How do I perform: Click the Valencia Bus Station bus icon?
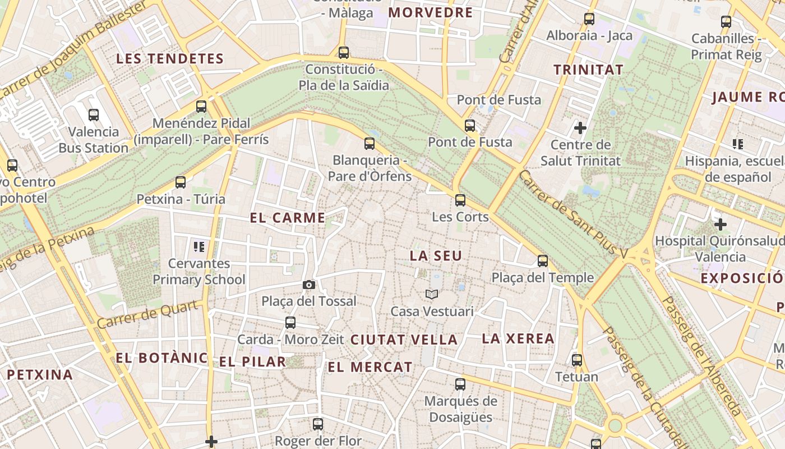point(94,115)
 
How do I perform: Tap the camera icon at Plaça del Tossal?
point(308,285)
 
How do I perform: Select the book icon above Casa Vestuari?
point(431,294)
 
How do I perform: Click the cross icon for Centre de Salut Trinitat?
point(580,128)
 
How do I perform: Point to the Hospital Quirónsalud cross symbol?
point(721,224)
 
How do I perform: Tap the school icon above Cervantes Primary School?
point(198,246)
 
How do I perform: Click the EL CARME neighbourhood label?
point(288,218)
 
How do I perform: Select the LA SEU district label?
point(436,256)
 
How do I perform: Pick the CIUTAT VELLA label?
point(404,340)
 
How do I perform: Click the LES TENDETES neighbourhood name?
point(170,59)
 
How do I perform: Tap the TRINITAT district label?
point(588,70)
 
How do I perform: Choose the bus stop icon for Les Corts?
point(460,200)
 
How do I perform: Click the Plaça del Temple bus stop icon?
point(542,260)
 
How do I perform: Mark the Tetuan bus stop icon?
point(576,360)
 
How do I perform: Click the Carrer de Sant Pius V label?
point(572,214)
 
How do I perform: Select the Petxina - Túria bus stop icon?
point(180,182)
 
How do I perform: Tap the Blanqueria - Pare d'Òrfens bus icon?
point(369,143)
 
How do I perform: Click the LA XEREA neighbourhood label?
point(518,338)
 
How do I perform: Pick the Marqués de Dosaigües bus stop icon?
point(460,384)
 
